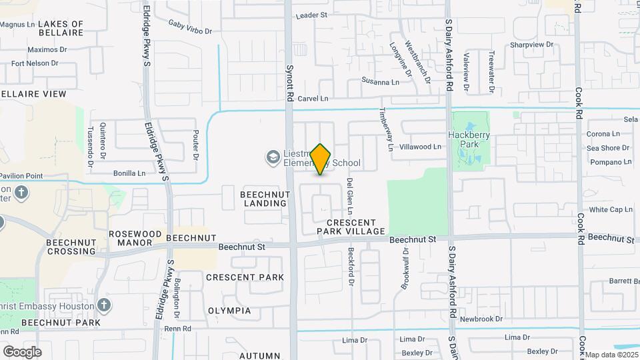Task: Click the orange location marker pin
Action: pos(321,159)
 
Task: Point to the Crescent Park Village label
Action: pos(351,227)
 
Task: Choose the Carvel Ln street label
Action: pos(313,99)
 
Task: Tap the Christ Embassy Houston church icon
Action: pos(103,305)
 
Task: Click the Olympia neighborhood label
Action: pos(229,311)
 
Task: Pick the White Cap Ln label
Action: pos(611,209)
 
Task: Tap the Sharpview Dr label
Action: pos(532,45)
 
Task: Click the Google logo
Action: pos(22,351)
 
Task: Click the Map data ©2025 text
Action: pos(612,355)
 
